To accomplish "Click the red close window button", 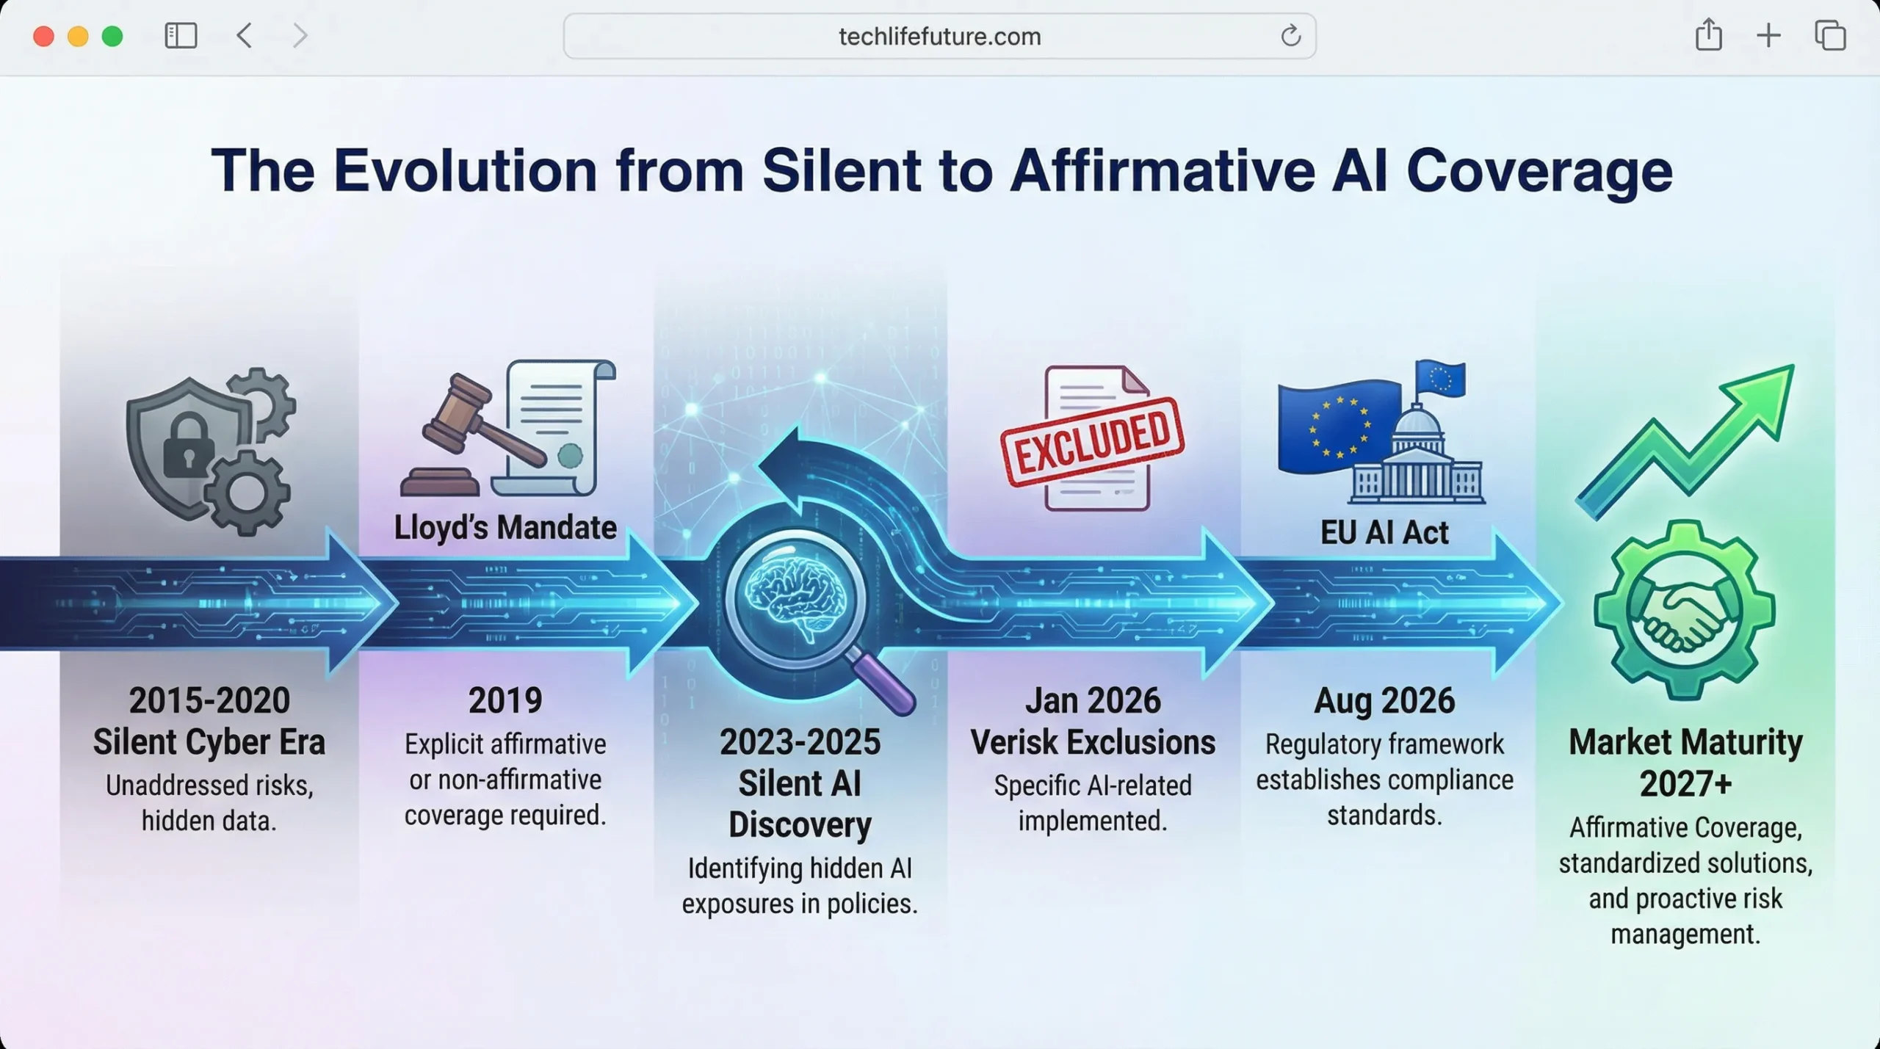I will [43, 36].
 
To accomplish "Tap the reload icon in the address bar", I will [1290, 35].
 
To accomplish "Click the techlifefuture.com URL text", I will [939, 36].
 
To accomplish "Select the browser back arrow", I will [245, 35].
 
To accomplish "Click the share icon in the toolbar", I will [1708, 35].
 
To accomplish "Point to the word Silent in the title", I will [842, 171].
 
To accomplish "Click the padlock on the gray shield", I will [189, 445].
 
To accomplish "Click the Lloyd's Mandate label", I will [505, 528].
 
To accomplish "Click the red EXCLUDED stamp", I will [1092, 441].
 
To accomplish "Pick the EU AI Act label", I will [1384, 532].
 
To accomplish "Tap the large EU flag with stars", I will [1338, 429].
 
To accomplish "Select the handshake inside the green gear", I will [1683, 609].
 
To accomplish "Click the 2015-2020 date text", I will [209, 700].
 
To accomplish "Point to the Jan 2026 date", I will [1092, 700].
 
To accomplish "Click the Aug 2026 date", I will [1384, 700].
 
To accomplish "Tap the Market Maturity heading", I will [1685, 742].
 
